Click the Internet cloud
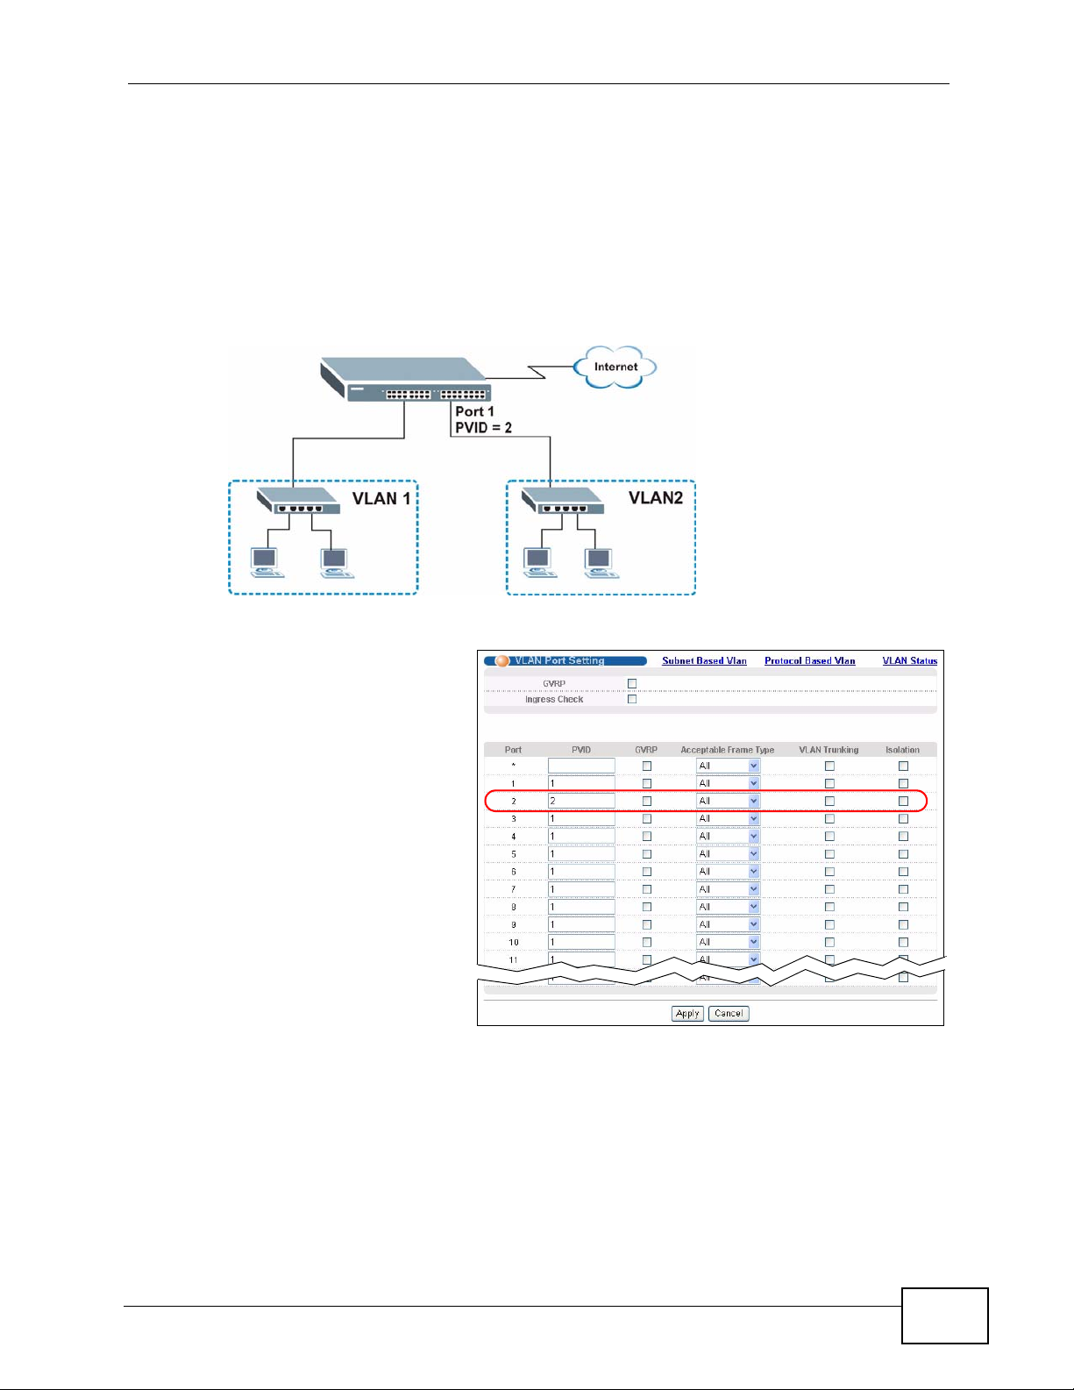pos(615,367)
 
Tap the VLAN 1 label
pos(381,498)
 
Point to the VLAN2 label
pos(656,497)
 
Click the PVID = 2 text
pos(483,428)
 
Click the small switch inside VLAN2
pos(562,502)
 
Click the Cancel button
pos(729,1014)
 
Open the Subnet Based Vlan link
pos(704,661)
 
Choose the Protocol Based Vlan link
pos(809,661)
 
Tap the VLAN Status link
pos(909,661)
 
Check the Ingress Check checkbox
pos(632,700)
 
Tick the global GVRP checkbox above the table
pos(632,684)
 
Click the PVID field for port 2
pos(580,802)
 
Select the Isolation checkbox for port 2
pos(903,802)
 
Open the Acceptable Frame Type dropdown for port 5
pos(728,854)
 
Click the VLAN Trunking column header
pos(829,750)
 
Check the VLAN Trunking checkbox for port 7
pos(829,889)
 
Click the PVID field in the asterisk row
pos(580,766)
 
